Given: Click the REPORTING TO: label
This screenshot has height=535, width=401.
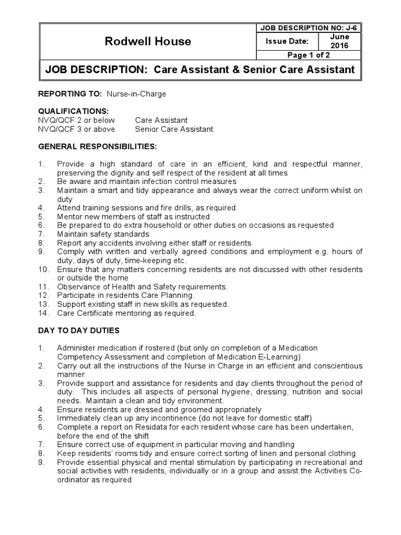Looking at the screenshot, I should [x=70, y=94].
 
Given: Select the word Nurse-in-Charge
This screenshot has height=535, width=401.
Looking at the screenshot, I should [x=136, y=94].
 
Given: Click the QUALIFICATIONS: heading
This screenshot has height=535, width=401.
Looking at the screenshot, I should [x=73, y=111].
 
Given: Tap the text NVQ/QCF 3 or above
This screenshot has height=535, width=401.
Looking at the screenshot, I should [x=77, y=129].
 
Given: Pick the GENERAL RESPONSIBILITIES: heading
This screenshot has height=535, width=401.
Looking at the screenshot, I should [x=97, y=147].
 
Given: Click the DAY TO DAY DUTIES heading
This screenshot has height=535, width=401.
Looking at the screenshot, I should [x=79, y=331].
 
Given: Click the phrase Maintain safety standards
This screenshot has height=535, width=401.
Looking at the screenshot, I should [x=103, y=234].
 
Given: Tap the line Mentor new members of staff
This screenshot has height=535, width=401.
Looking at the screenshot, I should [x=133, y=216].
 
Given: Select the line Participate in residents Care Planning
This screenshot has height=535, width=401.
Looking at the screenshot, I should [x=125, y=296].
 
